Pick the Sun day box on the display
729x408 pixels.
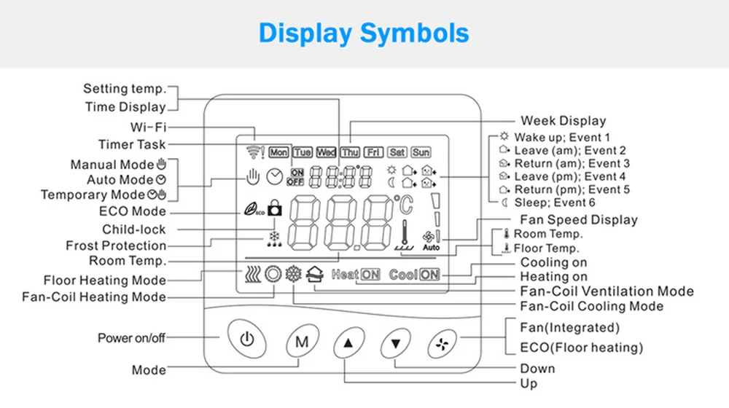[421, 152]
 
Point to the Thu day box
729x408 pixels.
[350, 152]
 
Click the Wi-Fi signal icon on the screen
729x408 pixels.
[252, 152]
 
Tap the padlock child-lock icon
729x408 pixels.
[274, 209]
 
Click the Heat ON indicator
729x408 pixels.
[356, 275]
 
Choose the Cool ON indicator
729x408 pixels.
[414, 275]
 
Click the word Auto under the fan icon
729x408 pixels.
[431, 248]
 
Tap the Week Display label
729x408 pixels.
[563, 120]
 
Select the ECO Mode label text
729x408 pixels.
[133, 212]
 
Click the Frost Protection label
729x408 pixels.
[116, 246]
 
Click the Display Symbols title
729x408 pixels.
[364, 33]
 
